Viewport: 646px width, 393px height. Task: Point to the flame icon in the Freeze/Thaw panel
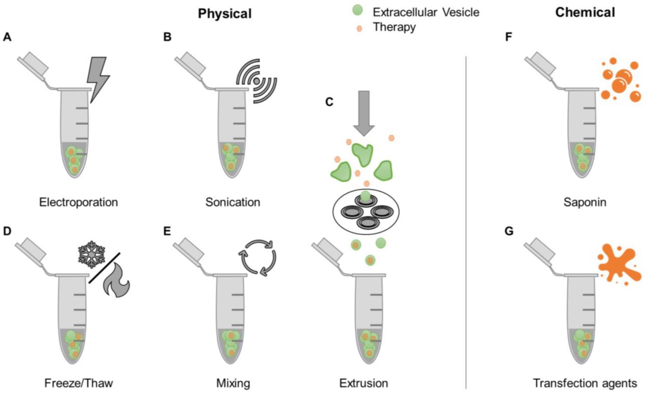(x=115, y=282)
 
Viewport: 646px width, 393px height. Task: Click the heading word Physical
(x=224, y=14)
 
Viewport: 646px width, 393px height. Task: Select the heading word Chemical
(x=585, y=13)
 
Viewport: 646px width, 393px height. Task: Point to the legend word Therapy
(x=394, y=27)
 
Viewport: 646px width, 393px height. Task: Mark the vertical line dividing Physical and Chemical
(x=466, y=217)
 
